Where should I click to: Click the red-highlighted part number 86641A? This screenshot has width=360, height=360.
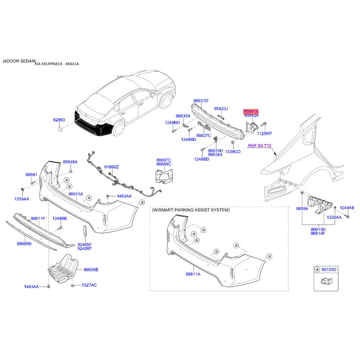point(251,111)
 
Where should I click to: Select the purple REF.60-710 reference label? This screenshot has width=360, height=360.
point(260,145)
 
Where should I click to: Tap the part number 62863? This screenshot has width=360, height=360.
point(59,120)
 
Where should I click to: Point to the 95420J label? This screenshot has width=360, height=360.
point(221,108)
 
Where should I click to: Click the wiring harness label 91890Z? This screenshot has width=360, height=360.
point(111,167)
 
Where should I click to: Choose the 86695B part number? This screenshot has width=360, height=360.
point(91,270)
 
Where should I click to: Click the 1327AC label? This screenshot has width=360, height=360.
point(89,285)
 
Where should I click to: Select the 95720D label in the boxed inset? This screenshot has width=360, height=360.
point(329,269)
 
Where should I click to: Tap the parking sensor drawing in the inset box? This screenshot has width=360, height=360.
point(327,280)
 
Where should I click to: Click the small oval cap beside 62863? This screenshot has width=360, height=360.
point(61,130)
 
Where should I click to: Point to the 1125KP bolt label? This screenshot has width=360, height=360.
point(264,133)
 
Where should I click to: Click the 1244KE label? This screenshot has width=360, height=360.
point(347,208)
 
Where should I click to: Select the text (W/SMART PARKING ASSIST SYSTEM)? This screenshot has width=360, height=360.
point(191,210)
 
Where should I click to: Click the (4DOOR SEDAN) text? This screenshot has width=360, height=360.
point(19,61)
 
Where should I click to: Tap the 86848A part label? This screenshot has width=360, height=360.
point(70,162)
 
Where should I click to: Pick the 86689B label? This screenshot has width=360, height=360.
point(24,243)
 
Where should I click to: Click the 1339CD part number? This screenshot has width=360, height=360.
point(233,152)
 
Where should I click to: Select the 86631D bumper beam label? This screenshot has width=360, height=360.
point(201,100)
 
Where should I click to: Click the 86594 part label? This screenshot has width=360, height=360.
point(302,208)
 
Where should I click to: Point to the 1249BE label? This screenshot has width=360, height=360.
point(60,218)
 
